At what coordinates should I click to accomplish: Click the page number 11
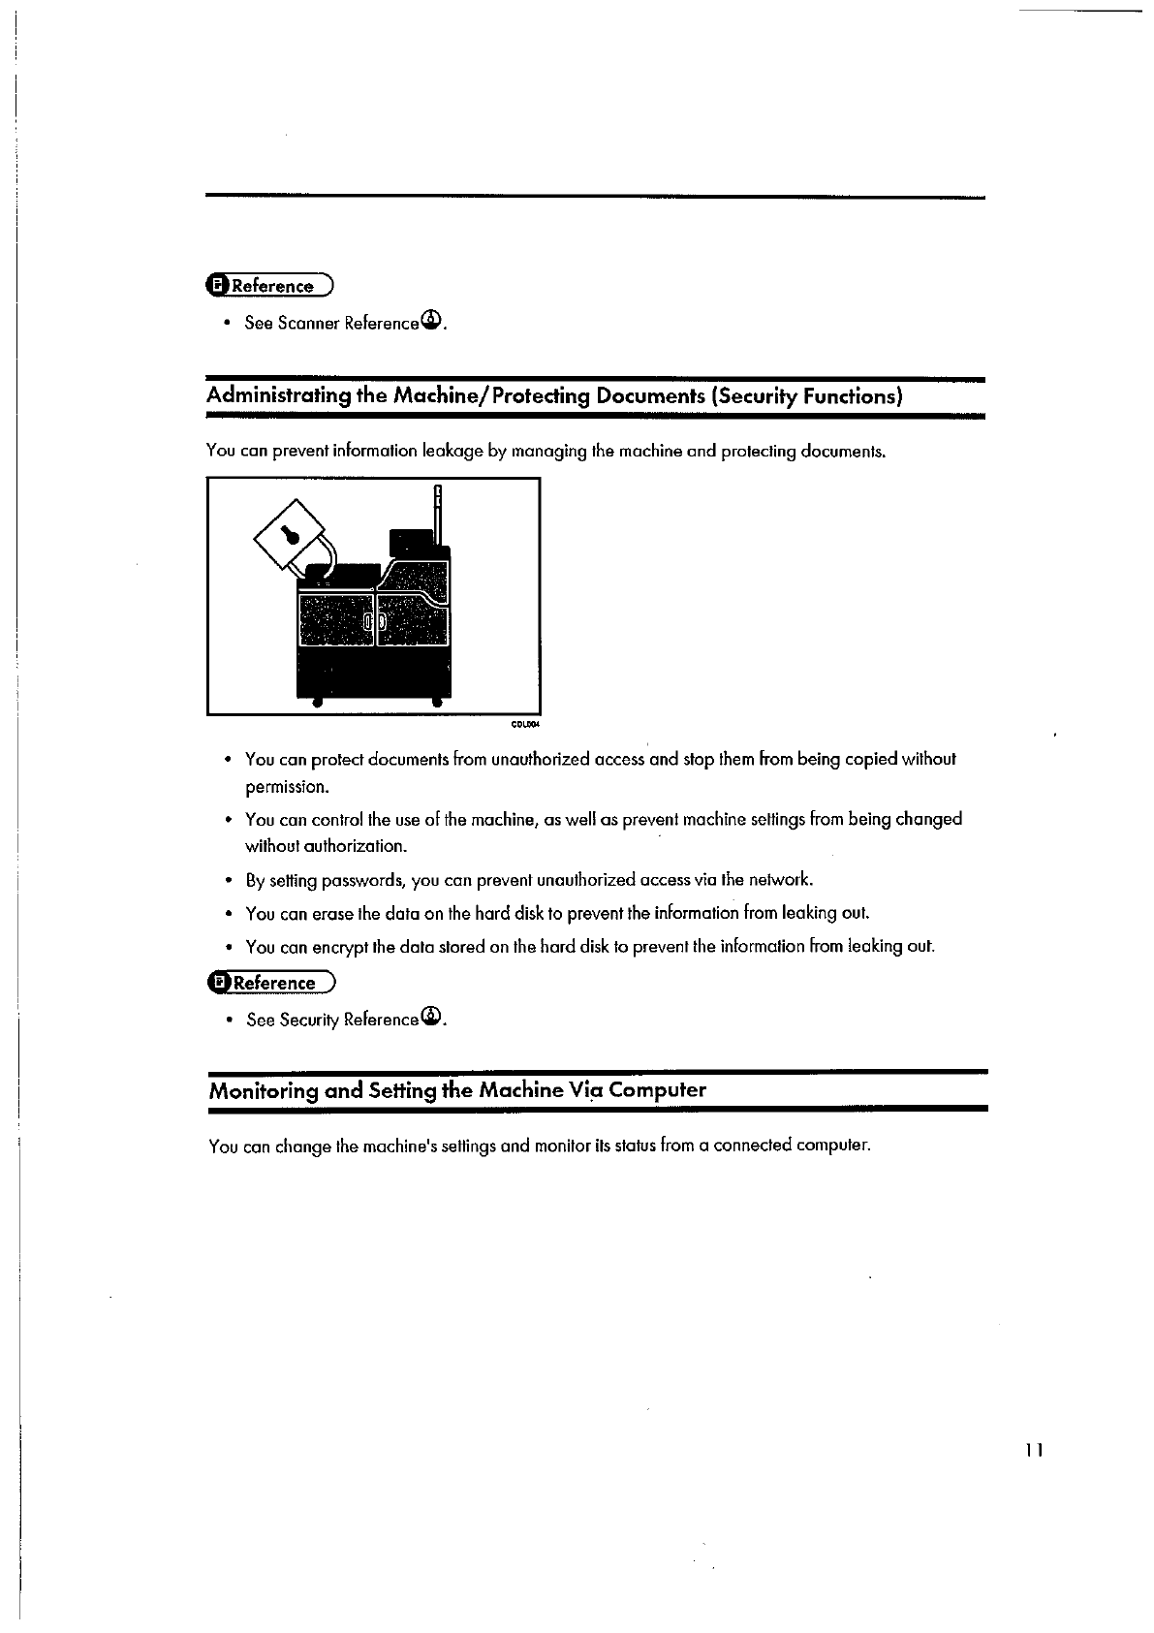click(1034, 1451)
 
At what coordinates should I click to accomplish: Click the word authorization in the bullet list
click(354, 846)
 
